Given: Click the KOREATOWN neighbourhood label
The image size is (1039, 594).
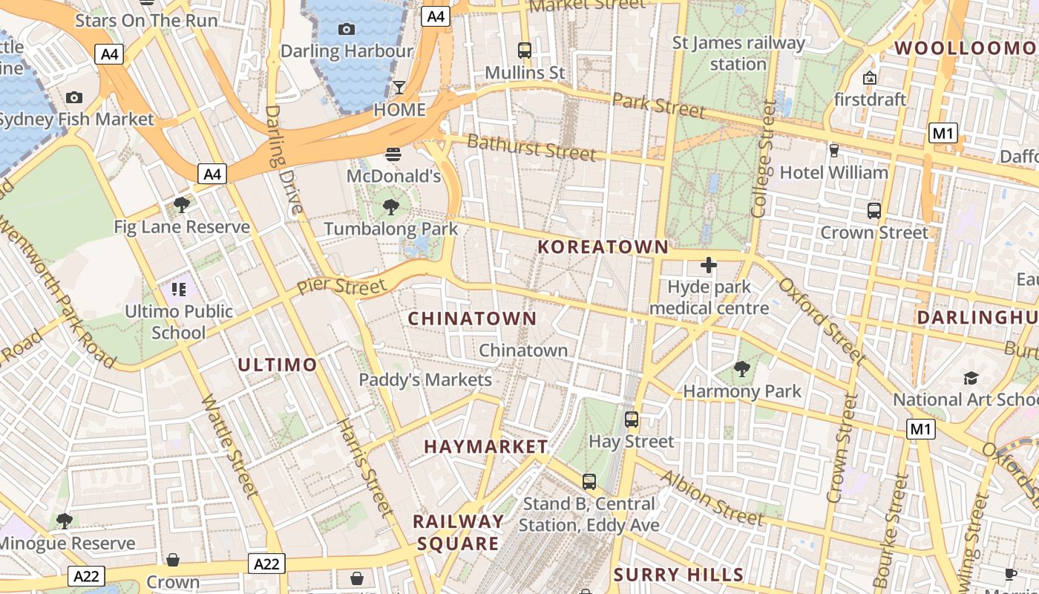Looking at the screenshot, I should pyautogui.click(x=603, y=247).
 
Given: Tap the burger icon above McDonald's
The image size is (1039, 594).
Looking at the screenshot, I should pyautogui.click(x=393, y=155).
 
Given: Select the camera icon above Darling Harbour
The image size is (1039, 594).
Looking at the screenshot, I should pyautogui.click(x=346, y=29).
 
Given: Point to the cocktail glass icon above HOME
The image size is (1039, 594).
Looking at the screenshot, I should pyautogui.click(x=399, y=88).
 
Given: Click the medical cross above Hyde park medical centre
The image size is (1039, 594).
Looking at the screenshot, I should pyautogui.click(x=709, y=265).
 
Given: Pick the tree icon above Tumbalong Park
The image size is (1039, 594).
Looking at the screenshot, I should pyautogui.click(x=391, y=207).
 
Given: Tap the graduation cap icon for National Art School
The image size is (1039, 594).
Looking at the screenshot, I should pyautogui.click(x=971, y=378).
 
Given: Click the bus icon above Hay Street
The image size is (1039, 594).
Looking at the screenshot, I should pyautogui.click(x=632, y=420).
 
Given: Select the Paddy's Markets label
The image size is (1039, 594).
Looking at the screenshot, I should pyautogui.click(x=425, y=380).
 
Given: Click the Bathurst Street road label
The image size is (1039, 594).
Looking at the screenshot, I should pyautogui.click(x=531, y=147).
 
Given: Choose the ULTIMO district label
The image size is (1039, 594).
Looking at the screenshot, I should pyautogui.click(x=278, y=365).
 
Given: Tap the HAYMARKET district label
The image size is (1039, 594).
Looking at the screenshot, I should pyautogui.click(x=485, y=446).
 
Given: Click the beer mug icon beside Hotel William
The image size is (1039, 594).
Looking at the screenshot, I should pyautogui.click(x=833, y=151).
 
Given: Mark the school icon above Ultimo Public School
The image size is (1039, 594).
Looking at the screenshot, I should pyautogui.click(x=178, y=289).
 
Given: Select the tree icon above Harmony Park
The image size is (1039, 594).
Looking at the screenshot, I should pyautogui.click(x=741, y=368).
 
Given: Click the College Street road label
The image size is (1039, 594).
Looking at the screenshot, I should pyautogui.click(x=763, y=159).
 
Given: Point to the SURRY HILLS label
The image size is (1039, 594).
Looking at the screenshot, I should pyautogui.click(x=678, y=575).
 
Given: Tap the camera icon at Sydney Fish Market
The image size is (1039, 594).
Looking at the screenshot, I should pyautogui.click(x=73, y=97).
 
